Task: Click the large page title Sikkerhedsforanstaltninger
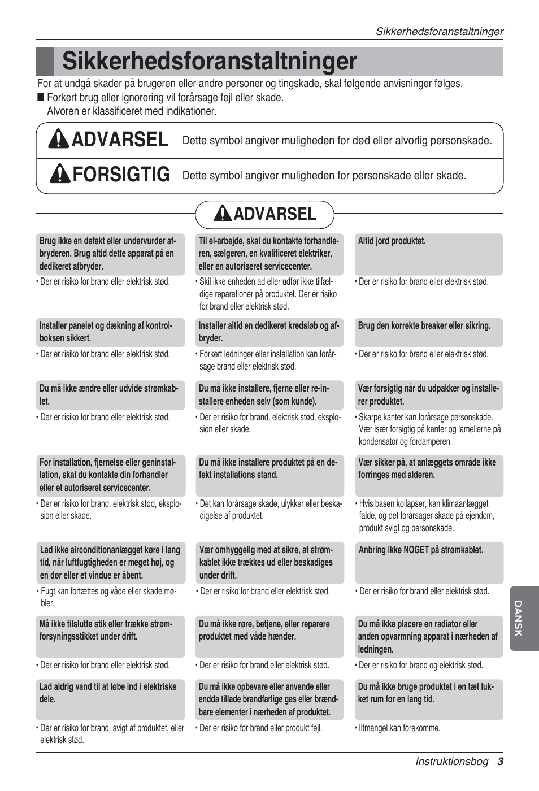[x=210, y=62]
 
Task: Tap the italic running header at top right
[x=439, y=32]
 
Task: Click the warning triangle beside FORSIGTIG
[x=60, y=174]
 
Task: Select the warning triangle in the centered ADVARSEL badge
[x=223, y=214]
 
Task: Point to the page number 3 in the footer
[x=500, y=761]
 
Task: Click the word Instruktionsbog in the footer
[x=451, y=761]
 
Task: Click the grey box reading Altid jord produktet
[x=428, y=254]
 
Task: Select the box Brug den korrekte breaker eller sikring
[x=428, y=332]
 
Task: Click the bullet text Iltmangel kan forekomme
[x=399, y=728]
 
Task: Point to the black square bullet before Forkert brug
[x=41, y=98]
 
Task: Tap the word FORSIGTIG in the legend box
[x=121, y=175]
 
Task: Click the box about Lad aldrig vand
[x=110, y=699]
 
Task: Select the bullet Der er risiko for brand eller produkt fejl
[x=260, y=728]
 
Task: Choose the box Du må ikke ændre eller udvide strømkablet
[x=110, y=395]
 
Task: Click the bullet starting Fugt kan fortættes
[x=107, y=597]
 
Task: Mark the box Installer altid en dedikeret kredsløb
[x=269, y=332]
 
